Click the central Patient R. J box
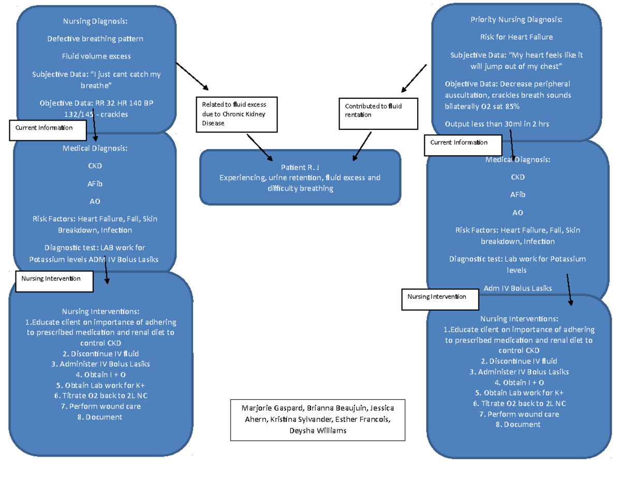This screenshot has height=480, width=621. [x=300, y=177]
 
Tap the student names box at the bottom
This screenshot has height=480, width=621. [x=318, y=419]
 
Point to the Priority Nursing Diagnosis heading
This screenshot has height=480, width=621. [x=516, y=20]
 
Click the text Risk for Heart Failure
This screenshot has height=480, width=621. [x=516, y=37]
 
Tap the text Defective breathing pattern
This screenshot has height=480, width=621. [x=95, y=39]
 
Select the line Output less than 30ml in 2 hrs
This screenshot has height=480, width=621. [x=497, y=124]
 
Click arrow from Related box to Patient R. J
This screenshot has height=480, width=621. [x=260, y=147]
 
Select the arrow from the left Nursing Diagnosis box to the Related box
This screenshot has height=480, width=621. [x=191, y=77]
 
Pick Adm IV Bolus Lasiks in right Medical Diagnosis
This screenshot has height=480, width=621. [x=517, y=288]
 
